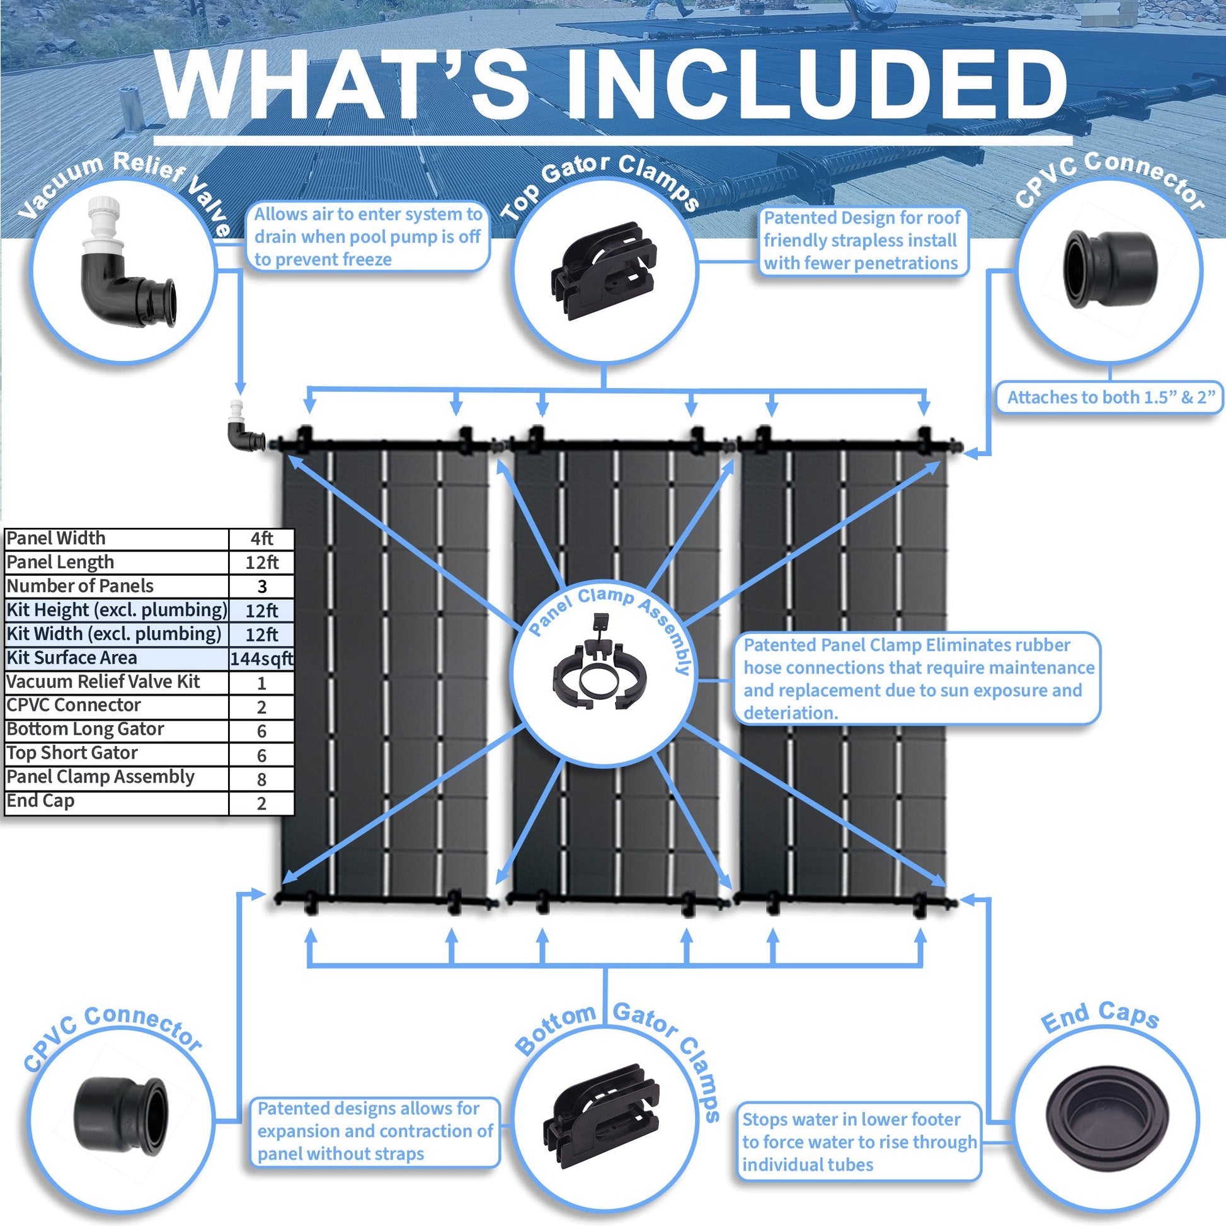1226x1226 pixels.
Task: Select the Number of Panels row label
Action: (x=80, y=586)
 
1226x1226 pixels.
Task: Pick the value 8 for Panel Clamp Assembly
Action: (x=261, y=779)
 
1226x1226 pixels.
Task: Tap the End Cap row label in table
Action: (x=40, y=801)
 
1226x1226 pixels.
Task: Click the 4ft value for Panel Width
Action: (x=261, y=539)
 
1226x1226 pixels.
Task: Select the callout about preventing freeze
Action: (x=368, y=237)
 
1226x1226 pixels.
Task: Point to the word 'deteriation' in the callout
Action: (x=790, y=713)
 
